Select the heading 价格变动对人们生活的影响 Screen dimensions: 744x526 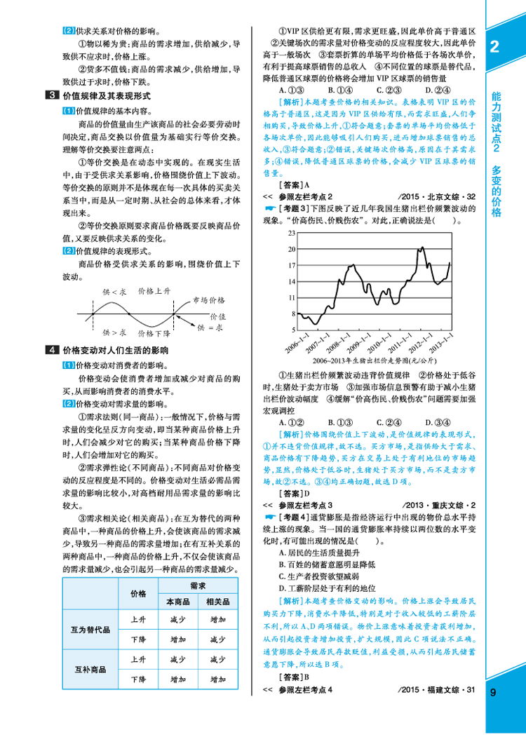pyautogui.click(x=115, y=350)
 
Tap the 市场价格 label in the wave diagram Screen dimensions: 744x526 pyautogui.click(x=207, y=300)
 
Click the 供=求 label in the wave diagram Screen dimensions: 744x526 pyautogui.click(x=210, y=327)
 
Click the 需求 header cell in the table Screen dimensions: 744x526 pyautogui.click(x=197, y=585)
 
